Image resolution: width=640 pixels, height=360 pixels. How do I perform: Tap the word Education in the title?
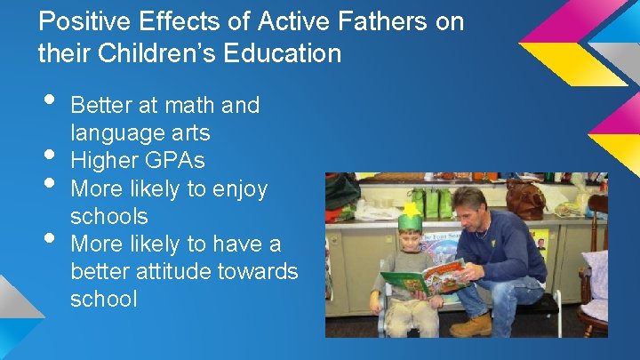pos(284,53)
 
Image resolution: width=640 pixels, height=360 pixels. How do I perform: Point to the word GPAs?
pos(182,161)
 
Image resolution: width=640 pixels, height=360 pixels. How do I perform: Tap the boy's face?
pos(410,240)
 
